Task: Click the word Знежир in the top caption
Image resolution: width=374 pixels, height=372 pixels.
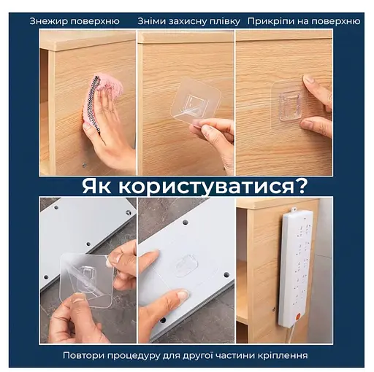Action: pyautogui.click(x=49, y=21)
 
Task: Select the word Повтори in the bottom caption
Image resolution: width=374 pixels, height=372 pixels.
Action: pyautogui.click(x=87, y=355)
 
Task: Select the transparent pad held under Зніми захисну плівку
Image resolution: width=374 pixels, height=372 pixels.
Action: pyautogui.click(x=195, y=102)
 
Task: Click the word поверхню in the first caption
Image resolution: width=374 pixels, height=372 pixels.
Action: pyautogui.click(x=99, y=21)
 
